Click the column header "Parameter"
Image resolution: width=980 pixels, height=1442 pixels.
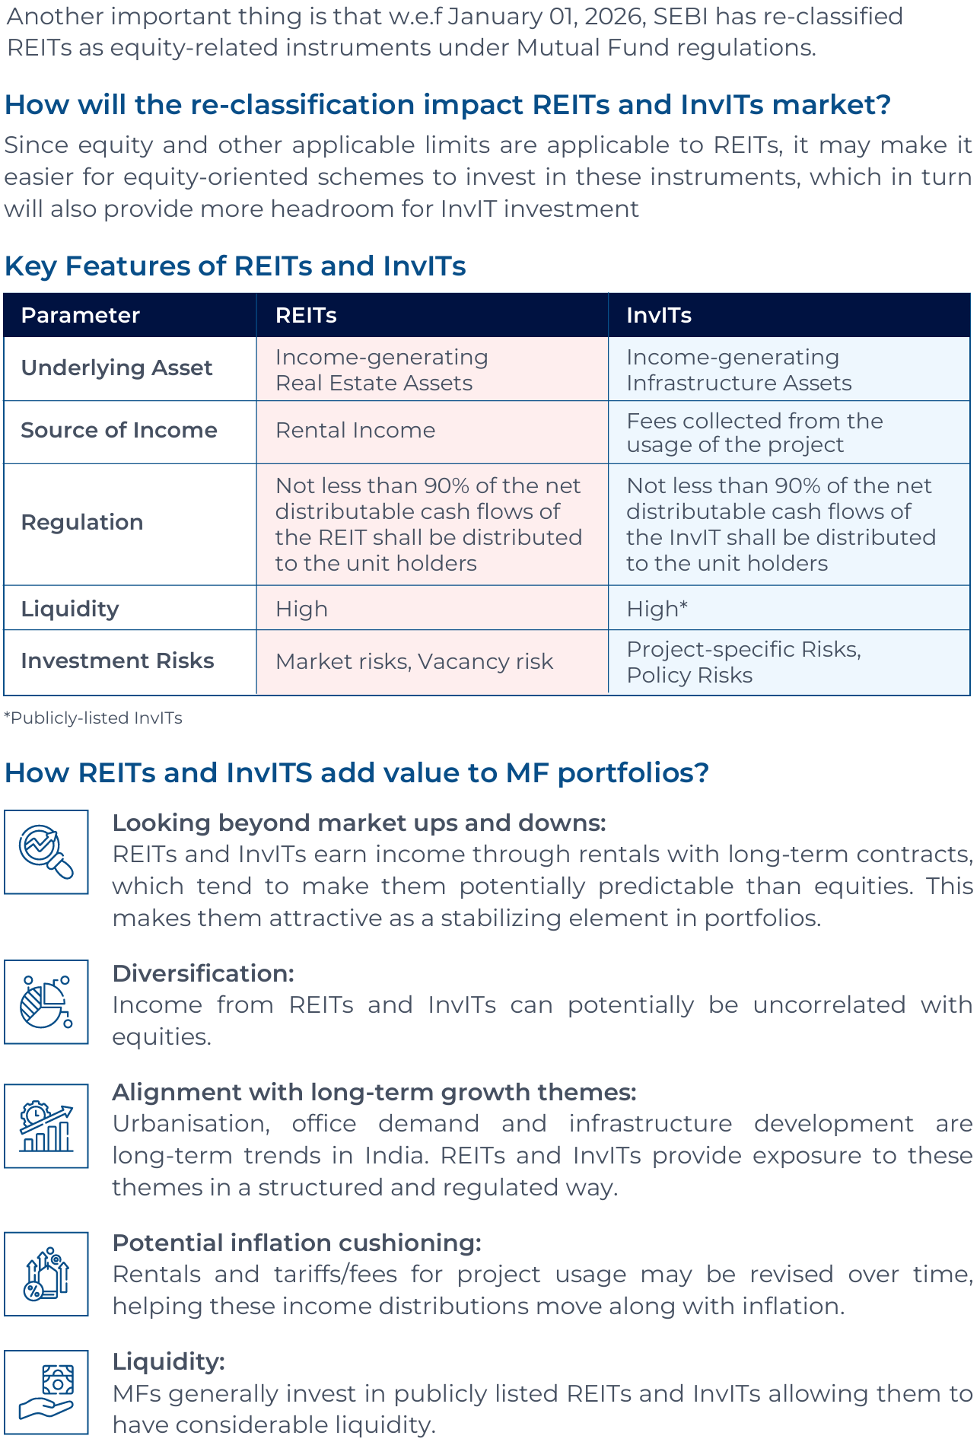[80, 316]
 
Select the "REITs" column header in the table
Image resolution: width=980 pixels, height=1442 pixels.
[306, 316]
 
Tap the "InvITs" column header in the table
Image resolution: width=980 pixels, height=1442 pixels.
[659, 316]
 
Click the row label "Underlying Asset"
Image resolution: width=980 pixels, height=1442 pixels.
[116, 368]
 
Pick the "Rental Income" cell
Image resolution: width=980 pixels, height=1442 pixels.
[355, 431]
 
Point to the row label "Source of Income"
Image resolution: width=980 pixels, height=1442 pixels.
[119, 431]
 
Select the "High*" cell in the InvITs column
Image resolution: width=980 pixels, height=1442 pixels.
[657, 609]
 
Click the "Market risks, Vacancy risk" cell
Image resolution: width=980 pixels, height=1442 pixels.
[414, 662]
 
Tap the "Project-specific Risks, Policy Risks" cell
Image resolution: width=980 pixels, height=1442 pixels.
[743, 662]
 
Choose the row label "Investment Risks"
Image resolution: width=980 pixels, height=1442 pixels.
[117, 661]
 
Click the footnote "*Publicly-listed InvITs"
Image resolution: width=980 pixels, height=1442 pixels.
[93, 718]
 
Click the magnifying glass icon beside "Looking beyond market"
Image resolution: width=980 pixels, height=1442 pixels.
[46, 852]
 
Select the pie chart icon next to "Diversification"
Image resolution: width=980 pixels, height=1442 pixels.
[46, 1001]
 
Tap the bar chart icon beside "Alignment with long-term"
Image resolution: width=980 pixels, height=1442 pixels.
[46, 1125]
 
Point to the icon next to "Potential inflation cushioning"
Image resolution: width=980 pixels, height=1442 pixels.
[46, 1274]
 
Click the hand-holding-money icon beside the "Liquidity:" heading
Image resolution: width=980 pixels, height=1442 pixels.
[46, 1392]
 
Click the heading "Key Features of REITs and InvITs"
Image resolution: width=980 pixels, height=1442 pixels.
[235, 266]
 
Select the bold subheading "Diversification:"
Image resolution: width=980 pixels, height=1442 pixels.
[203, 973]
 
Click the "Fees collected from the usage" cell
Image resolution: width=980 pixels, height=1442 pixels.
[755, 432]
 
